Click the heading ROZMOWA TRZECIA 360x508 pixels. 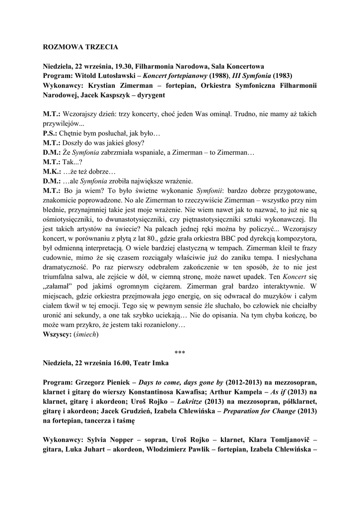coord(79,47)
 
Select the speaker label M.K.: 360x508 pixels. coord(52,171)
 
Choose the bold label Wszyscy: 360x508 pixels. coord(56,335)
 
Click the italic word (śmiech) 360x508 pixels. coord(86,335)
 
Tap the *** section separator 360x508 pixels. coord(180,353)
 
